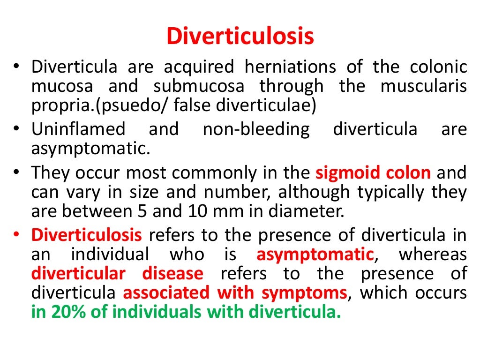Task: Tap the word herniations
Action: coord(290,67)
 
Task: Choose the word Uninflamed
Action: coord(78,129)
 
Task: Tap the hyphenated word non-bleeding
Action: coord(256,129)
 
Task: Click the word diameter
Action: coord(304,211)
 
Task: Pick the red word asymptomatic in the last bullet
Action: coord(315,255)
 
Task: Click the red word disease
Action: coord(173,274)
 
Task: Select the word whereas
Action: coord(433,255)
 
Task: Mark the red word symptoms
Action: coord(303,293)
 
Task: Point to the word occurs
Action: coord(440,293)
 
